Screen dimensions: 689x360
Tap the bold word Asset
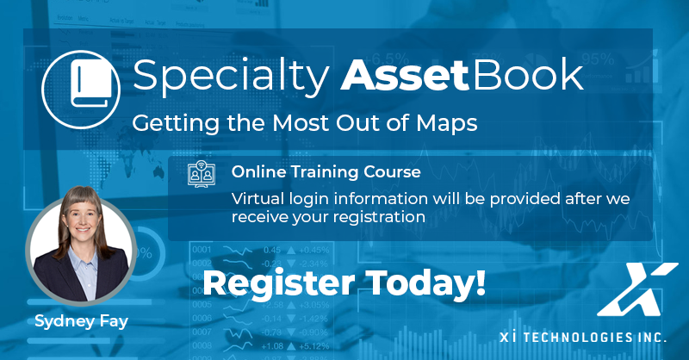pyautogui.click(x=405, y=76)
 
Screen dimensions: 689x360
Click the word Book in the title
pyautogui.click(x=528, y=75)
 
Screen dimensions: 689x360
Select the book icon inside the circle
pyautogui.click(x=91, y=84)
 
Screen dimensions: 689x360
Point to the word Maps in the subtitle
pyautogui.click(x=446, y=123)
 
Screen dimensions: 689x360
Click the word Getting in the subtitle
pyautogui.click(x=176, y=123)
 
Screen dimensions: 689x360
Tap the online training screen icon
pyautogui.click(x=202, y=174)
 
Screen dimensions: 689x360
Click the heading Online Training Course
pyautogui.click(x=326, y=172)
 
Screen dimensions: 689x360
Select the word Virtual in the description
pyautogui.click(x=258, y=199)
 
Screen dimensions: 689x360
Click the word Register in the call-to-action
pyautogui.click(x=278, y=283)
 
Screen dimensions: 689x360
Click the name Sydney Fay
pyautogui.click(x=81, y=321)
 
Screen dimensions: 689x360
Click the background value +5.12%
pyautogui.click(x=314, y=346)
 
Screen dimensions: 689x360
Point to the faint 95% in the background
pyautogui.click(x=598, y=59)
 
